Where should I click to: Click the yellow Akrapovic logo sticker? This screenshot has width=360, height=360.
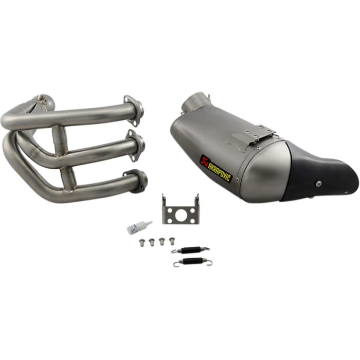(x=216, y=168)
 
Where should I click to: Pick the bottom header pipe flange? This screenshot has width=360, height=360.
(x=137, y=181)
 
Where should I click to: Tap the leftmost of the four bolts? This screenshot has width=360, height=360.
(x=142, y=243)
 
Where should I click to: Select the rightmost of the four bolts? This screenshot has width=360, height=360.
(x=172, y=241)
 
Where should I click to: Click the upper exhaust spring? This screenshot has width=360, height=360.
(x=190, y=250)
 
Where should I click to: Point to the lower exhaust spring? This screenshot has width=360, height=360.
(x=193, y=262)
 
